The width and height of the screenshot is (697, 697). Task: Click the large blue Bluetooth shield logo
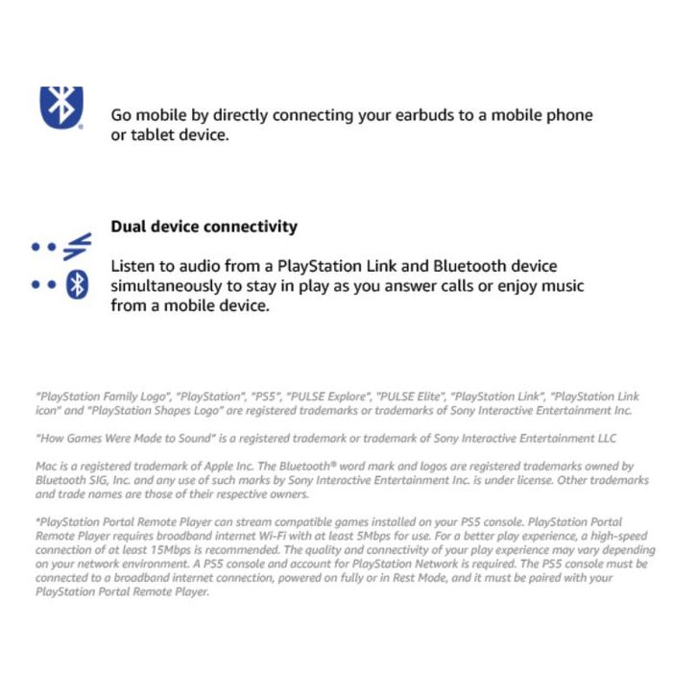coord(61,106)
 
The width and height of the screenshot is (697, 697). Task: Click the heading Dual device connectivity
coord(204,227)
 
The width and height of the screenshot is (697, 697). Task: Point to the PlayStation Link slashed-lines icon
coord(76,247)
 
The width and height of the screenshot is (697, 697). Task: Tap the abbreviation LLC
coord(604,439)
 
